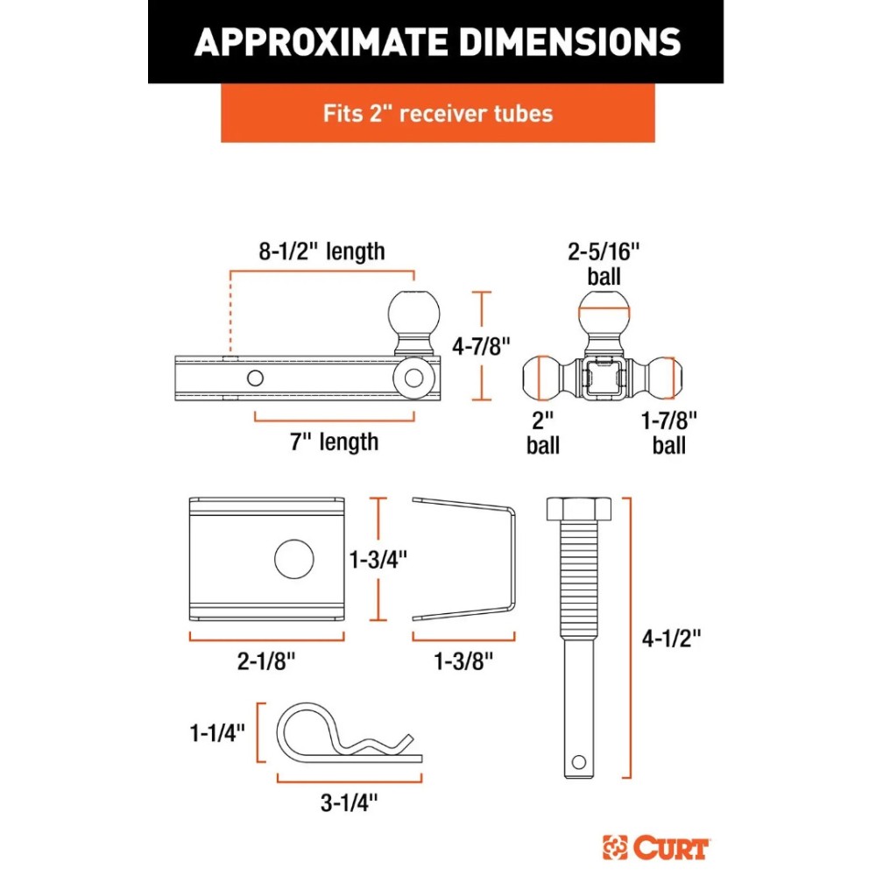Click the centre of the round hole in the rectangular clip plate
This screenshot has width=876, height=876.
[293, 559]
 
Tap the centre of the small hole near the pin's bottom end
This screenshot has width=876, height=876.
[579, 761]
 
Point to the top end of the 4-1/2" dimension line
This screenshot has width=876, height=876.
[631, 498]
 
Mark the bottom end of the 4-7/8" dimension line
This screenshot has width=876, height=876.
[482, 399]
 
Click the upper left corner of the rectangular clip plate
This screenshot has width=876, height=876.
[189, 498]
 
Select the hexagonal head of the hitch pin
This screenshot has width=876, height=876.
[579, 508]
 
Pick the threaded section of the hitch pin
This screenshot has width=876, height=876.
[579, 580]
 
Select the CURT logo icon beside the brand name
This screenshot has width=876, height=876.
[615, 847]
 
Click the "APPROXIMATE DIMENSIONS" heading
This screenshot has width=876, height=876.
[437, 42]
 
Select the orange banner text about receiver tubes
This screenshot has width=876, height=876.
[438, 113]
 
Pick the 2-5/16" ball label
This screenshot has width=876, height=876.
[604, 264]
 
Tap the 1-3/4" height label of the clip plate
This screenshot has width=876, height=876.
[378, 559]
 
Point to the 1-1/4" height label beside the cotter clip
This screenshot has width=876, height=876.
[217, 732]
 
